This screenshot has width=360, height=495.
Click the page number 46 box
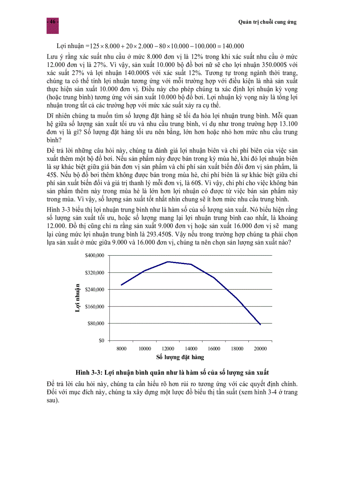[52, 22]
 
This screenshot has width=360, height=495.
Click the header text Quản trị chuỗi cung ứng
[267, 22]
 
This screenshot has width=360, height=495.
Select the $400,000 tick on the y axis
[95, 256]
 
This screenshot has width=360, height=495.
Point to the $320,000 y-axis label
[95, 273]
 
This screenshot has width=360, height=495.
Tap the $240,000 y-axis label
[95, 290]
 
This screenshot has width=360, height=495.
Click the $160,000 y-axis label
[95, 306]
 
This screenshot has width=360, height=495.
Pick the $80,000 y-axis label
[96, 324]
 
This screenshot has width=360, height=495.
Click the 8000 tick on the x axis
[121, 348]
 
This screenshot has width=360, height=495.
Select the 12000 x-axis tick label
[168, 348]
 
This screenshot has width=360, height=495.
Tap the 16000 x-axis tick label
[214, 348]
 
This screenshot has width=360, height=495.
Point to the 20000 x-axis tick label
[260, 348]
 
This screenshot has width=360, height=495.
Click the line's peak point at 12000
[168, 262]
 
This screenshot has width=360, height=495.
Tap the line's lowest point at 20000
[260, 324]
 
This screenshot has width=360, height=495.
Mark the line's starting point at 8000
[121, 285]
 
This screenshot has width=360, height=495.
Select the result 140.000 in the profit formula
[232, 46]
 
